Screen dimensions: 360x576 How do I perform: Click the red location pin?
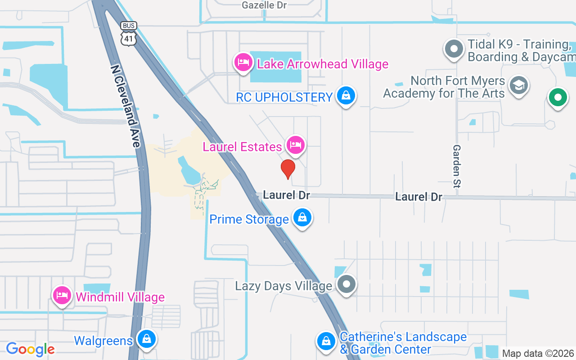pyautogui.click(x=288, y=169)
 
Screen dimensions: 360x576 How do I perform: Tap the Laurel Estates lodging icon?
pyautogui.click(x=295, y=145)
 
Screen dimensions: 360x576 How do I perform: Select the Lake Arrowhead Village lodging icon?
pyautogui.click(x=243, y=62)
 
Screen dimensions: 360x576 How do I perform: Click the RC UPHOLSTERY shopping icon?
pyautogui.click(x=346, y=95)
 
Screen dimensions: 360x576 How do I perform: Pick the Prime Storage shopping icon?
pyautogui.click(x=302, y=218)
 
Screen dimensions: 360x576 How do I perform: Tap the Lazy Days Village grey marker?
pyautogui.click(x=346, y=284)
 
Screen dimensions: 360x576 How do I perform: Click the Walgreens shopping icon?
pyautogui.click(x=146, y=339)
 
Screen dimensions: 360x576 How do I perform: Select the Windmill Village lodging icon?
pyautogui.click(x=62, y=295)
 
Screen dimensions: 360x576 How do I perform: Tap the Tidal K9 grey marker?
pyautogui.click(x=454, y=49)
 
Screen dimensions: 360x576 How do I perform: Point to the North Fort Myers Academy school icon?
pyautogui.click(x=519, y=85)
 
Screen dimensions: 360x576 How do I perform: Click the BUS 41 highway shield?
pyautogui.click(x=129, y=34)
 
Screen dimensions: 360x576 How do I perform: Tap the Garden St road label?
pyautogui.click(x=457, y=166)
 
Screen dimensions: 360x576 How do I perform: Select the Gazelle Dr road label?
pyautogui.click(x=264, y=5)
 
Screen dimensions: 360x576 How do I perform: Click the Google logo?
pyautogui.click(x=31, y=349)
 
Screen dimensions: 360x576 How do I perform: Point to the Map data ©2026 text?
pyautogui.click(x=538, y=353)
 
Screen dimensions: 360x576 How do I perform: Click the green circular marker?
pyautogui.click(x=558, y=97)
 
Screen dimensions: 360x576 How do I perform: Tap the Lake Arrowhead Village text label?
pyautogui.click(x=322, y=64)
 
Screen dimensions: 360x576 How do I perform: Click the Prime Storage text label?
pyautogui.click(x=249, y=220)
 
